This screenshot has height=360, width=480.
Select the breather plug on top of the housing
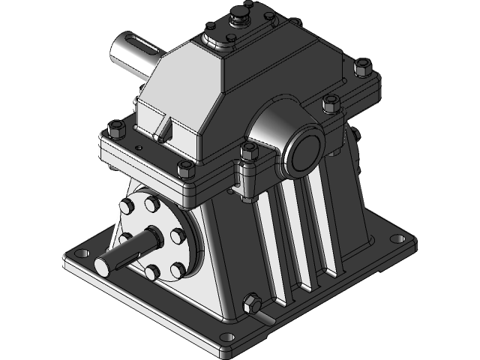pos(241,14)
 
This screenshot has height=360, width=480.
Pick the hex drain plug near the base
pos(251,304)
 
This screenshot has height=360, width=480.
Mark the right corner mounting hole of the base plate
pos(394,239)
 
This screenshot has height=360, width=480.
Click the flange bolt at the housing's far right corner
pos(367,68)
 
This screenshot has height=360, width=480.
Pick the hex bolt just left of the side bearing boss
pos(247,154)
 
